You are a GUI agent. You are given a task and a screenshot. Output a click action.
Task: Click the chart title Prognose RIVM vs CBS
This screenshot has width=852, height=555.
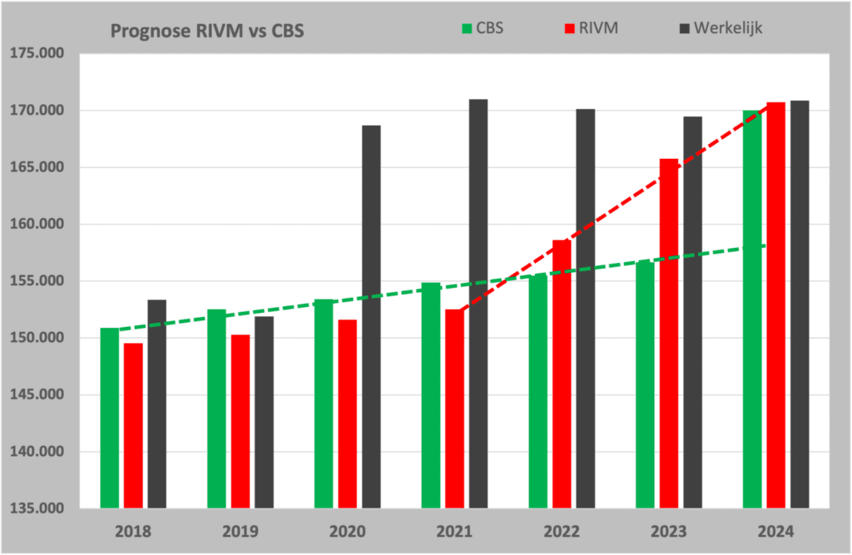pyautogui.click(x=207, y=32)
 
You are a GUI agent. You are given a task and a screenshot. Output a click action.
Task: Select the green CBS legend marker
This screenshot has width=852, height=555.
pyautogui.click(x=466, y=29)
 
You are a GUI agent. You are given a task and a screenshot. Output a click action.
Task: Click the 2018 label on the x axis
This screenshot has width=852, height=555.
pyautogui.click(x=133, y=531)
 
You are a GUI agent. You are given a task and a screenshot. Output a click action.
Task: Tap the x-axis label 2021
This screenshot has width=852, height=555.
pyautogui.click(x=454, y=531)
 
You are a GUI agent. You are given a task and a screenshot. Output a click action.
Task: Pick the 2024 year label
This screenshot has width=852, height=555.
pyautogui.click(x=776, y=531)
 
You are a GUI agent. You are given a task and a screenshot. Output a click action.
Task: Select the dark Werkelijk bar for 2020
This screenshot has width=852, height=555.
pyautogui.click(x=371, y=316)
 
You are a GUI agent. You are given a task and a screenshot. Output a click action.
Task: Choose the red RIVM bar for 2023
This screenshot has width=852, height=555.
pyautogui.click(x=669, y=333)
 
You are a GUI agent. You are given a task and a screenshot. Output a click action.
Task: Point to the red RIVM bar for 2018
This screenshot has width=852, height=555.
pyautogui.click(x=133, y=425)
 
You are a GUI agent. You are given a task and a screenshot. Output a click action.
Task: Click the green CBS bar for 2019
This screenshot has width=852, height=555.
pyautogui.click(x=216, y=408)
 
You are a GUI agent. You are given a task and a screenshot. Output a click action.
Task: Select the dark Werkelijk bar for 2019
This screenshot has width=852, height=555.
pyautogui.click(x=264, y=412)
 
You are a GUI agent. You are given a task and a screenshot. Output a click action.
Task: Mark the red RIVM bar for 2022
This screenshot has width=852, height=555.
pyautogui.click(x=562, y=374)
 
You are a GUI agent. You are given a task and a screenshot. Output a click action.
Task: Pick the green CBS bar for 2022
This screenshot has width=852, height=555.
pyautogui.click(x=538, y=390)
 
